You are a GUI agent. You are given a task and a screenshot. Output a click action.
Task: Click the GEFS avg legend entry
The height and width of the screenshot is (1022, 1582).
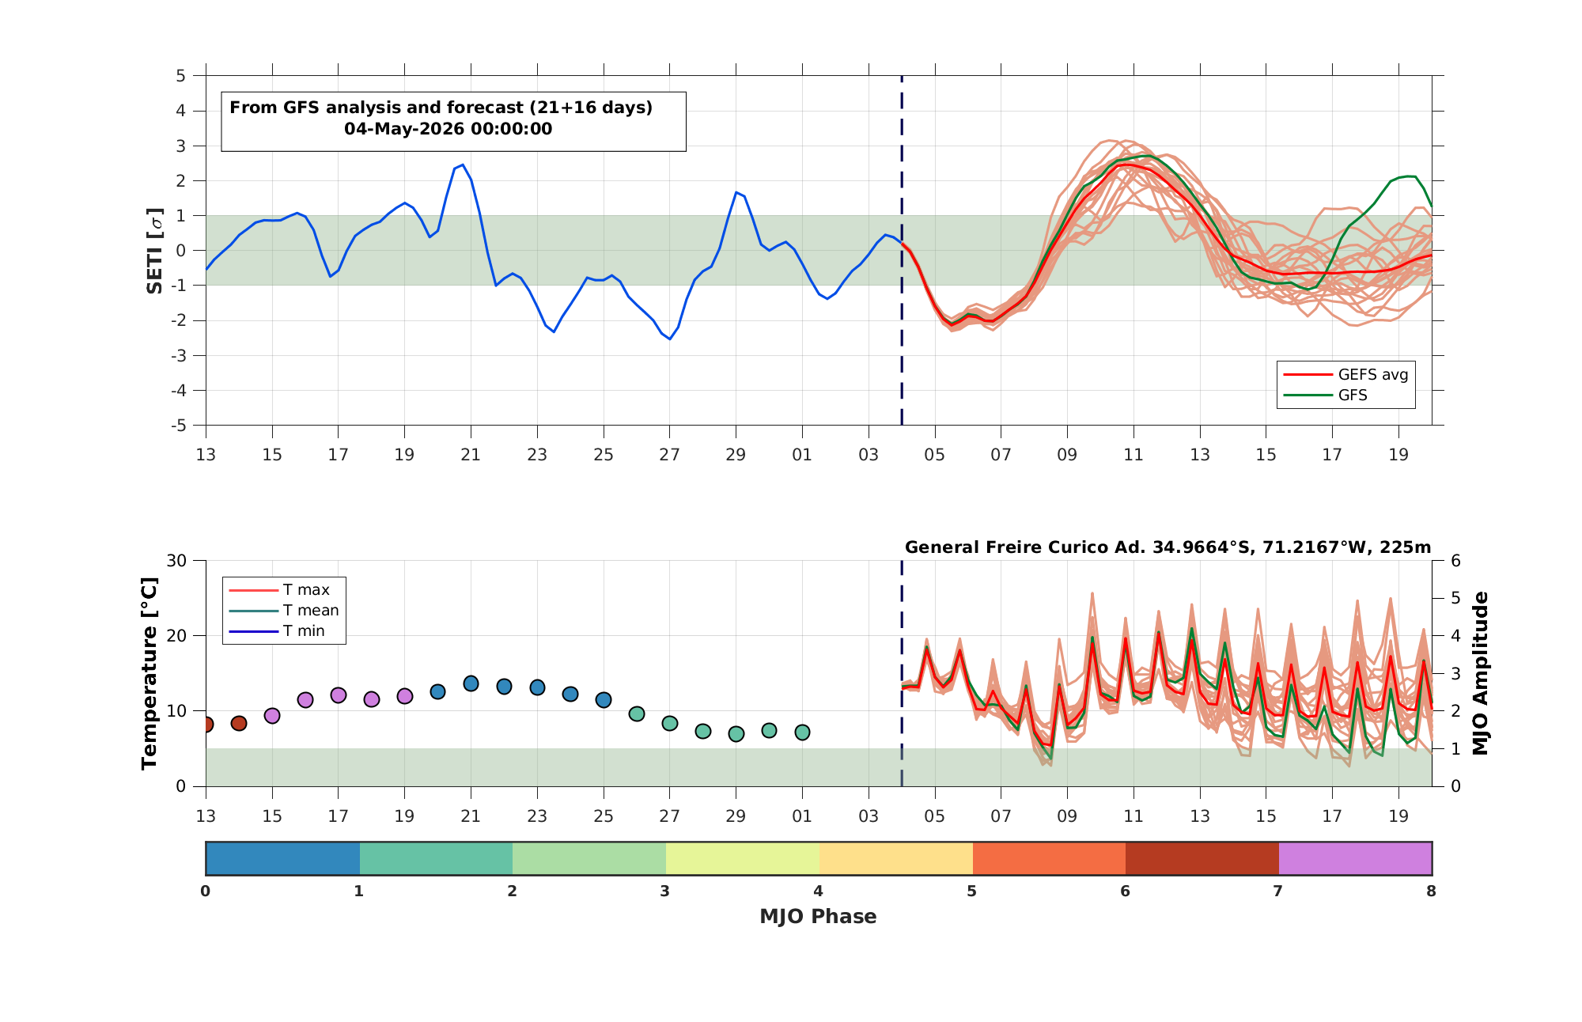1345,374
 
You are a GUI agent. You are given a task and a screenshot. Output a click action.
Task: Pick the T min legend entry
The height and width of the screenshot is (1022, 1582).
277,630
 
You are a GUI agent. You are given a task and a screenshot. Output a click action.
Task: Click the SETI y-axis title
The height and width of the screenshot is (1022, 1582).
155,251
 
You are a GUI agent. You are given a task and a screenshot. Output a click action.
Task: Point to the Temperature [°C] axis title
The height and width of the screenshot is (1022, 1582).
149,673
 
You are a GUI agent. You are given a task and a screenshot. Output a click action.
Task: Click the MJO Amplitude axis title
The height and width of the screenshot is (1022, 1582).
1481,673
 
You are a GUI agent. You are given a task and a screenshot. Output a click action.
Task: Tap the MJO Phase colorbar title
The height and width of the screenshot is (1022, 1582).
818,916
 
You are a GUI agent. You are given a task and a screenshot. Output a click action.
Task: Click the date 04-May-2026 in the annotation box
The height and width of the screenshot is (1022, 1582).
403,129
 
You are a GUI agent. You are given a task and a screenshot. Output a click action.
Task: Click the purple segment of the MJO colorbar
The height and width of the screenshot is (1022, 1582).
1355,858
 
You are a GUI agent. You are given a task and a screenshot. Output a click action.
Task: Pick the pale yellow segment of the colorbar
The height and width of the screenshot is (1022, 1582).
743,858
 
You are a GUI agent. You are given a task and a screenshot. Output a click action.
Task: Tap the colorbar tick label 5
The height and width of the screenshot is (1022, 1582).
971,891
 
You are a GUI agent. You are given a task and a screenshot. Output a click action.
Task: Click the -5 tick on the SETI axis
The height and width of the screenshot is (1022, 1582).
181,426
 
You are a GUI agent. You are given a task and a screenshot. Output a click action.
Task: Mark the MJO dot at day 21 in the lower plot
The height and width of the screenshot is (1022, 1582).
471,683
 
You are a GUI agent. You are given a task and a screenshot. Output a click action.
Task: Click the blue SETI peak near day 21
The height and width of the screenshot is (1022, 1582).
463,165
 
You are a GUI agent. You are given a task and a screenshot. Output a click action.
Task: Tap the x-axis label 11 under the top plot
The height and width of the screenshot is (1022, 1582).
1134,455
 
